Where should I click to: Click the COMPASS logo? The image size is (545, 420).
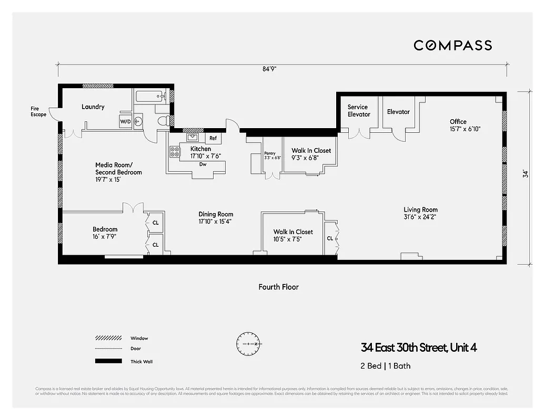click(452, 45)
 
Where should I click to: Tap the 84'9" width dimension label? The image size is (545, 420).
click(270, 69)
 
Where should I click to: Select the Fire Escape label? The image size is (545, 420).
click(38, 112)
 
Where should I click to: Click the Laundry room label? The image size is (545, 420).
click(93, 107)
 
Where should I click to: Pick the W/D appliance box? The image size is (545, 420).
click(126, 122)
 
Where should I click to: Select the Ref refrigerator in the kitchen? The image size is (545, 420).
click(213, 139)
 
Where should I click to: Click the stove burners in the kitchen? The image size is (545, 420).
click(175, 152)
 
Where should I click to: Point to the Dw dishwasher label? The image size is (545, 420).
click(202, 164)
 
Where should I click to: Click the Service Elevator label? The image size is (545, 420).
click(358, 111)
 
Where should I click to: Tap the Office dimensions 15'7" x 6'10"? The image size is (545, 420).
click(465, 129)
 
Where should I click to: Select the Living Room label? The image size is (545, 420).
click(420, 210)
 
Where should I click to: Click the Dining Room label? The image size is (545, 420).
click(216, 214)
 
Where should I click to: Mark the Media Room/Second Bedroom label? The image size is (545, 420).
click(118, 168)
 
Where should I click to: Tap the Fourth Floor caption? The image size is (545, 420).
click(278, 287)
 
